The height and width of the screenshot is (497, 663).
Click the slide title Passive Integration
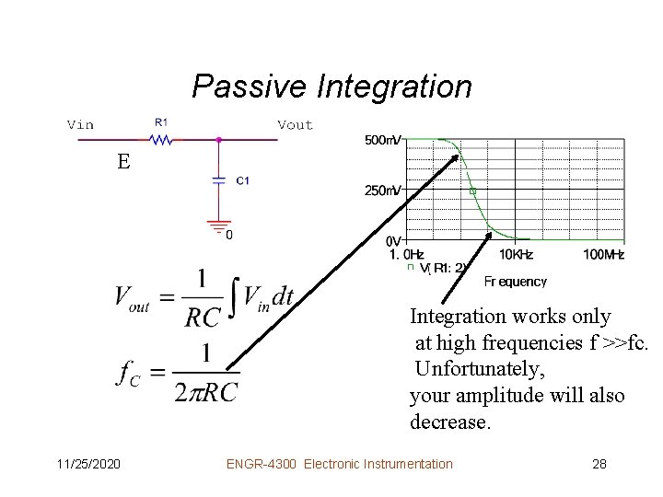click(331, 87)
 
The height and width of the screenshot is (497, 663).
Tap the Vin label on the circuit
click(80, 124)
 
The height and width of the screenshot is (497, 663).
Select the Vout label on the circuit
click(295, 124)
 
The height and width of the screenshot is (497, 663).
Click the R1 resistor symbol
click(161, 140)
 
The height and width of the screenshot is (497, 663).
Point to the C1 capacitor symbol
click(218, 180)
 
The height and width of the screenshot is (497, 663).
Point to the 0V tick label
click(393, 241)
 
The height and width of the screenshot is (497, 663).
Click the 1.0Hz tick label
click(406, 254)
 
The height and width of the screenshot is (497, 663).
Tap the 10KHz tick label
click(517, 254)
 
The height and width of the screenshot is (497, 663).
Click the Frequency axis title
click(515, 282)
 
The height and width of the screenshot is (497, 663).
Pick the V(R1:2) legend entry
click(445, 269)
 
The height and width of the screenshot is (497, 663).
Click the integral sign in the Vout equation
click(235, 296)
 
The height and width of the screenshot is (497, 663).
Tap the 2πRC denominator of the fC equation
click(205, 391)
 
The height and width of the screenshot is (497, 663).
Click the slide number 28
click(599, 464)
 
